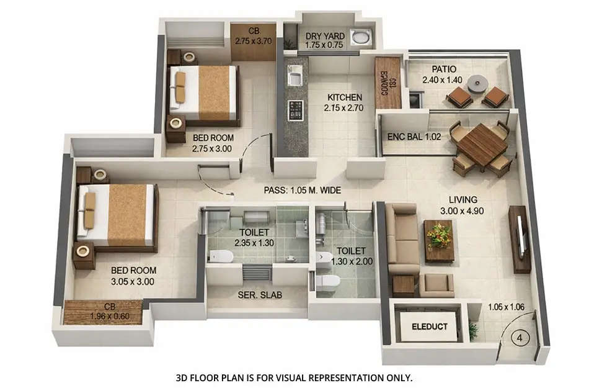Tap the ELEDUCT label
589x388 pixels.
pos(430,327)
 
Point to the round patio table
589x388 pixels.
pos(477,83)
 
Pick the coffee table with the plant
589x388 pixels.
pos(439,240)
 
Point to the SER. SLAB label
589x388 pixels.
pos(260,296)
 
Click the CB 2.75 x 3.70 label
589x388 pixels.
pos(253,36)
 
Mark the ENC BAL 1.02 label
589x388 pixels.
pos(414,136)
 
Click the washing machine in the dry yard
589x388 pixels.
pos(359,36)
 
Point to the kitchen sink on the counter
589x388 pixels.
pos(294,75)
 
